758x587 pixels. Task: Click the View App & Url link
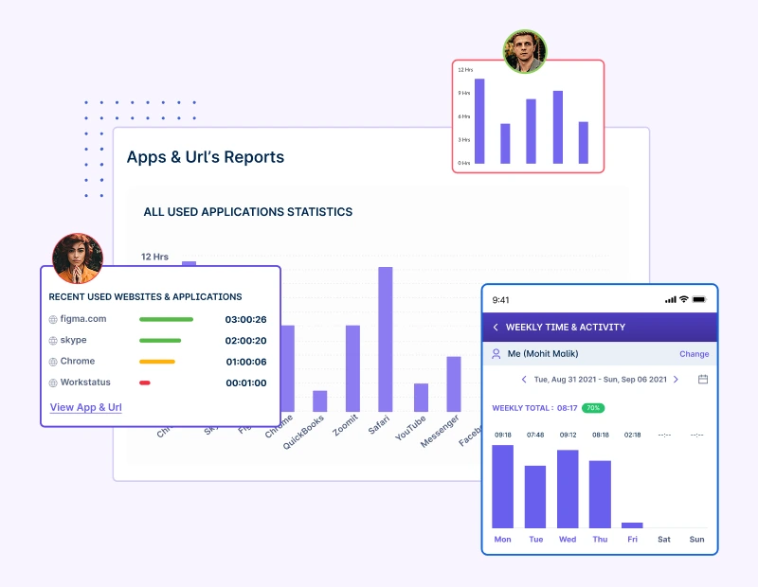(x=85, y=407)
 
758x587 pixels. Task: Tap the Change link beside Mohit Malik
(x=694, y=354)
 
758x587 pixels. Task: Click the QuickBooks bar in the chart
(x=320, y=400)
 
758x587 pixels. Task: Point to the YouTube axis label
(x=411, y=427)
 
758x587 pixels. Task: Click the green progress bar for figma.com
(x=166, y=320)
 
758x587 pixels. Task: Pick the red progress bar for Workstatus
(x=145, y=382)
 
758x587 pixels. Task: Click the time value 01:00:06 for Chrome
(x=245, y=362)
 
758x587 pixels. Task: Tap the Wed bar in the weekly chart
(x=568, y=489)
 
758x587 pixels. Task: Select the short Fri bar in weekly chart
(x=632, y=525)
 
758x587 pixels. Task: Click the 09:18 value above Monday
(x=502, y=435)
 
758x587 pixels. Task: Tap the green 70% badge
(x=593, y=408)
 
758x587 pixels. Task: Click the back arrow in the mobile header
(x=496, y=328)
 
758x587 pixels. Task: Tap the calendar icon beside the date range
(x=703, y=380)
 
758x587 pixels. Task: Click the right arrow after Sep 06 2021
(x=676, y=380)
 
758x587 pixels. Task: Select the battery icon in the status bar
(x=699, y=300)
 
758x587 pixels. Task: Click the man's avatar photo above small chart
(x=524, y=51)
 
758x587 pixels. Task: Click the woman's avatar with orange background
(x=77, y=258)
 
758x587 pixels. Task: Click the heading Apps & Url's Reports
(x=205, y=157)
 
